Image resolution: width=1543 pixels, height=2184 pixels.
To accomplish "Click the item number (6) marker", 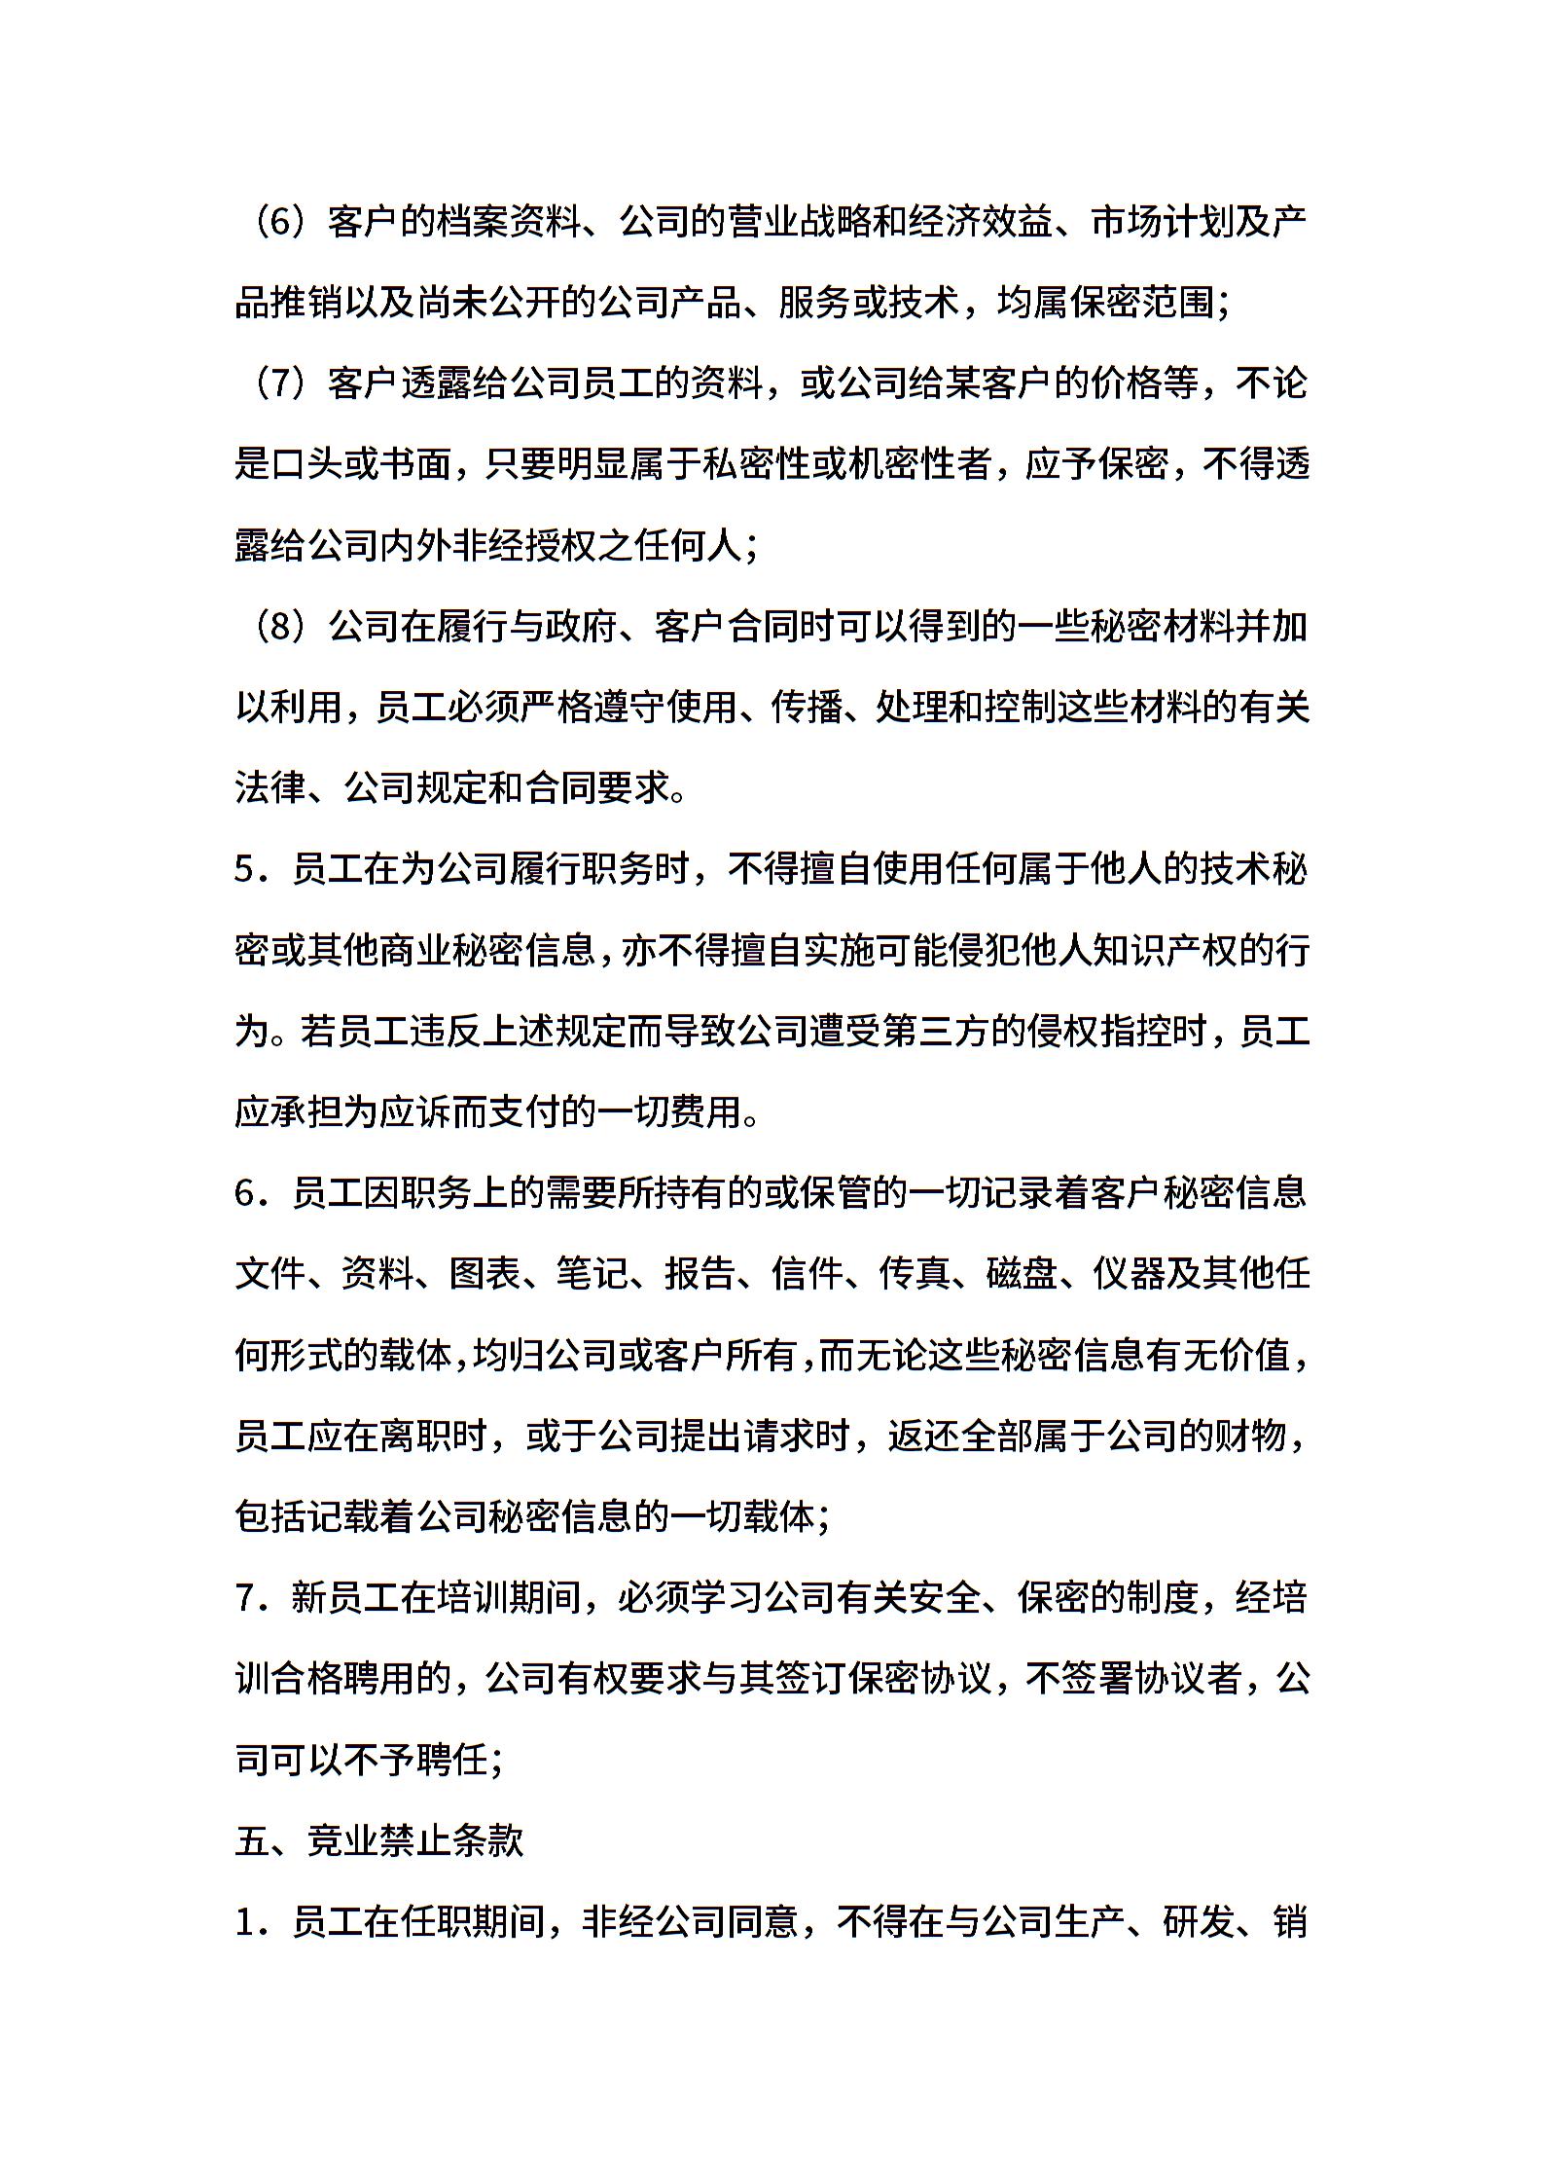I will pyautogui.click(x=277, y=222).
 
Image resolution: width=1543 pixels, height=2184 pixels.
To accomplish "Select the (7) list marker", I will pyautogui.click(x=277, y=383).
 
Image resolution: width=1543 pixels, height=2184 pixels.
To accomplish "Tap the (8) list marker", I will pyautogui.click(x=277, y=627).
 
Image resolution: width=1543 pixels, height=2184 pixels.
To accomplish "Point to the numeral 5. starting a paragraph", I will pyautogui.click(x=249, y=869).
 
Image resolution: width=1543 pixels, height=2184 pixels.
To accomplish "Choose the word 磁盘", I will pyautogui.click(x=1021, y=1273).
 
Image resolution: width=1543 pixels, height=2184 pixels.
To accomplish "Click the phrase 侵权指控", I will pyautogui.click(x=1108, y=1031).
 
